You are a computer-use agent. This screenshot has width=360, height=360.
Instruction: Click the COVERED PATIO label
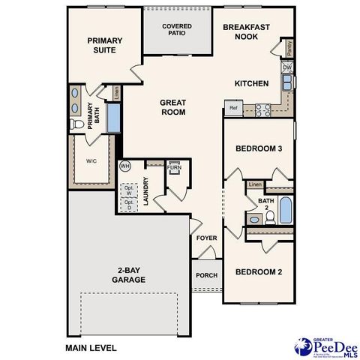tap(177, 30)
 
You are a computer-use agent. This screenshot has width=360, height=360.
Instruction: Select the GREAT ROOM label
tap(172, 106)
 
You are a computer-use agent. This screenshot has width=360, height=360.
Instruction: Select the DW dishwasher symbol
tap(287, 67)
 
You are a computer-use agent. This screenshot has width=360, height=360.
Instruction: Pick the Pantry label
tap(289, 49)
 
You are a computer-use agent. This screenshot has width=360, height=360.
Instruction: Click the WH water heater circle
tap(125, 165)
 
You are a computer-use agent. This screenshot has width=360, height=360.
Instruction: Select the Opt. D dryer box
tap(128, 203)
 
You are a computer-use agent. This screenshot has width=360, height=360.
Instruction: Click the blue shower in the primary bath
tap(114, 118)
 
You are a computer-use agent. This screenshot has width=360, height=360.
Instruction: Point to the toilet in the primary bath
tap(76, 124)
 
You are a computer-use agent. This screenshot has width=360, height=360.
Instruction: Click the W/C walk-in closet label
tap(91, 160)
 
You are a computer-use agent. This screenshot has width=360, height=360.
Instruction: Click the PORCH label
tap(206, 275)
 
